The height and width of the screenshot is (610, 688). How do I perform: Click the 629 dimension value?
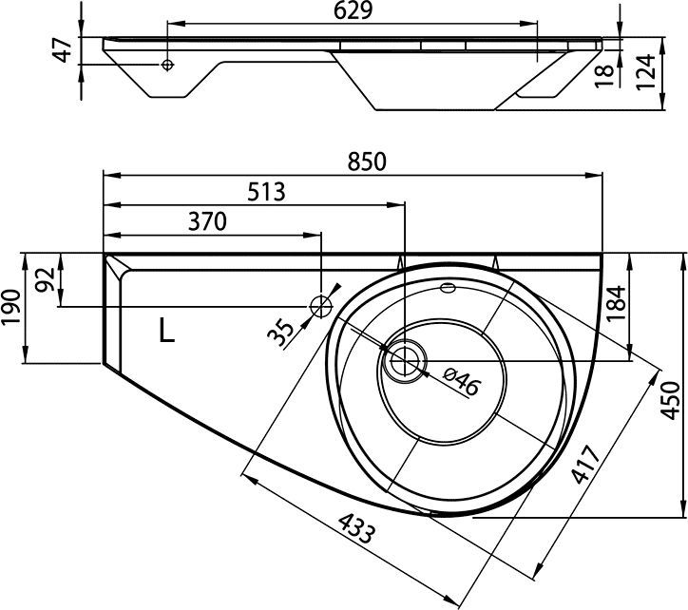pos(353,11)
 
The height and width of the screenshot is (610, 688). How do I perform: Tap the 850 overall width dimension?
pos(367,162)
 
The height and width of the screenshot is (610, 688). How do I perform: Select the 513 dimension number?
pos(266,192)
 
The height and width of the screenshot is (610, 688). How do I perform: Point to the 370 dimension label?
pos(207,221)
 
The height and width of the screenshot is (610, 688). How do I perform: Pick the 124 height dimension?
pos(645,72)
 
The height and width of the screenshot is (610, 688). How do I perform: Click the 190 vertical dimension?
pos(11,307)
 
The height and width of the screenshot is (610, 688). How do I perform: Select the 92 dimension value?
pos(46,279)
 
